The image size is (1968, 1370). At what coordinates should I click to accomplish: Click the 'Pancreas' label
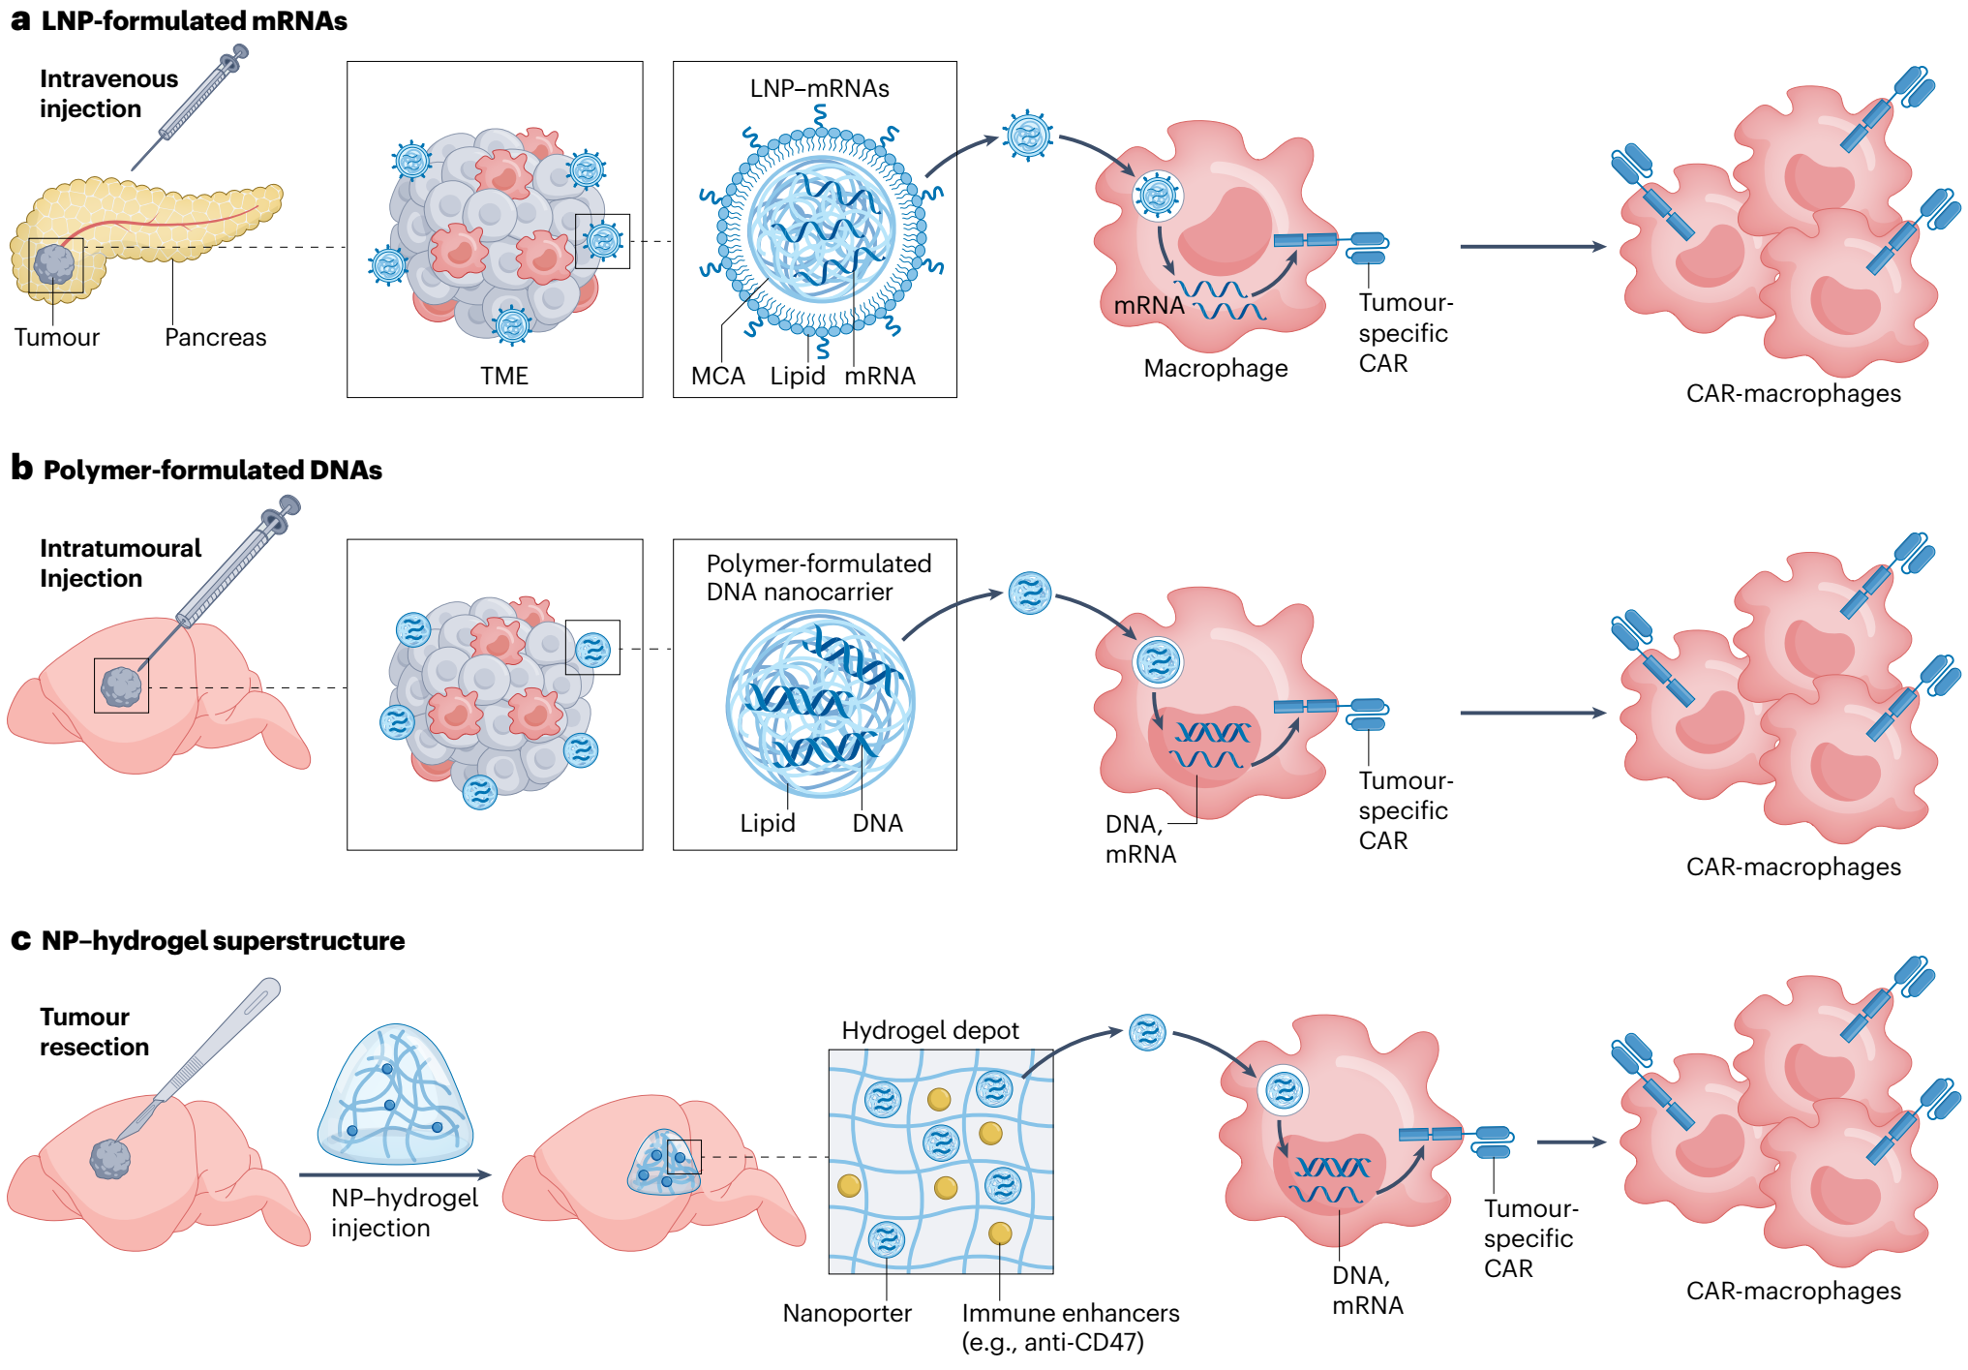click(215, 337)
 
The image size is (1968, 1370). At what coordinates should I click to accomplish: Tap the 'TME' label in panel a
click(504, 376)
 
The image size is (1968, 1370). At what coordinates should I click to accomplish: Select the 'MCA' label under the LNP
click(718, 376)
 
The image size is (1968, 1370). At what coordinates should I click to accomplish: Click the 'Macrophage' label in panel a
click(1216, 368)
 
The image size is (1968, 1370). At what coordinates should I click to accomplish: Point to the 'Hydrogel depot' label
click(930, 1030)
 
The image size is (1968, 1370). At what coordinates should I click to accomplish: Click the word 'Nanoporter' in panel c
click(847, 1313)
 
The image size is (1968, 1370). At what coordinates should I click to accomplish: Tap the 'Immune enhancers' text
click(1071, 1313)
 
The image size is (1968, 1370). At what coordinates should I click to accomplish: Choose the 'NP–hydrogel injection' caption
click(405, 1212)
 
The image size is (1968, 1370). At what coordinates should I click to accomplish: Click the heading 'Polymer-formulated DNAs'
click(213, 470)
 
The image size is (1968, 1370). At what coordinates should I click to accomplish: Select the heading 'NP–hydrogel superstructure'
click(224, 940)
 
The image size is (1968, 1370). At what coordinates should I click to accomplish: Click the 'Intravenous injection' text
click(108, 94)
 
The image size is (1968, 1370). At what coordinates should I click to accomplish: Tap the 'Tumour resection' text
click(94, 1031)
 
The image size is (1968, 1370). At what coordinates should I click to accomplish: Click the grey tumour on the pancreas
click(54, 264)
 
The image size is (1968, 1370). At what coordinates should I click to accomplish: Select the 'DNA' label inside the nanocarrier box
click(878, 823)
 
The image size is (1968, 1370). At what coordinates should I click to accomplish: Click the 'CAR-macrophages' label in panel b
click(1794, 867)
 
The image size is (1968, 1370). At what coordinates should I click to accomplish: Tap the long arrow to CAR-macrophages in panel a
click(1533, 247)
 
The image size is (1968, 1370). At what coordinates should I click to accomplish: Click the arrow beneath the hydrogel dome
click(395, 1174)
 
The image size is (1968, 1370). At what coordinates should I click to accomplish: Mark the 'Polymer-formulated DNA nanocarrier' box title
click(819, 577)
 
